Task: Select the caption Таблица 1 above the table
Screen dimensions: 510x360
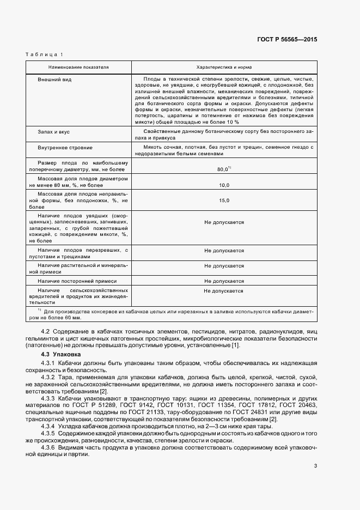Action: (x=44, y=54)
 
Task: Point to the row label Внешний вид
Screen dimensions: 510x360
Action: (x=51, y=80)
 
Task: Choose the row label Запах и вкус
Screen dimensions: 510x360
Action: (x=52, y=132)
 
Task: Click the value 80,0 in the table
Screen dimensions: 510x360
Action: (x=222, y=169)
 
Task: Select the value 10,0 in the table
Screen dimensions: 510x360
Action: (x=224, y=185)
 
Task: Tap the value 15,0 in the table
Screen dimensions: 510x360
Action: (x=224, y=201)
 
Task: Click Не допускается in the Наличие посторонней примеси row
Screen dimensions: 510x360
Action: (x=224, y=281)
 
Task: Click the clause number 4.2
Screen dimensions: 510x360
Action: (x=45, y=331)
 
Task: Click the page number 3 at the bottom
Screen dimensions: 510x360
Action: (x=316, y=465)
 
